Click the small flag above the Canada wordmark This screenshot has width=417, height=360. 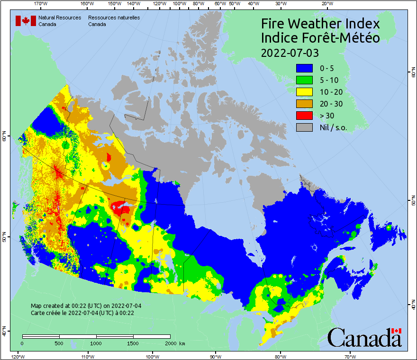[397, 331]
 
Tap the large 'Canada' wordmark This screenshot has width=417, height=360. [364, 338]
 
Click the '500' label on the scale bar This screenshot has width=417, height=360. [58, 343]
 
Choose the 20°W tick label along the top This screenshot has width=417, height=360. [326, 4]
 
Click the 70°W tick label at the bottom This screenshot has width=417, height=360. [350, 356]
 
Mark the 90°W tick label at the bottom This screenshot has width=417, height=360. [216, 356]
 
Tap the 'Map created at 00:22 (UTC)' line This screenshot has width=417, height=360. [86, 306]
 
